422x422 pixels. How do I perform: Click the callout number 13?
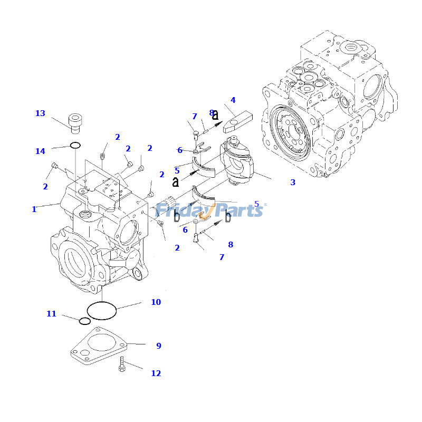tap(40, 113)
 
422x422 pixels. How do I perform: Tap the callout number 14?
tap(40, 151)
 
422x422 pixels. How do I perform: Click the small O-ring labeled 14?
tap(75, 145)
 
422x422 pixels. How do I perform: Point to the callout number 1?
tap(34, 209)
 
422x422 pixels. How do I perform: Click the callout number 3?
tap(293, 183)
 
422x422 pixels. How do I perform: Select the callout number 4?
tap(233, 100)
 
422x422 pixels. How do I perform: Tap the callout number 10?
tap(156, 302)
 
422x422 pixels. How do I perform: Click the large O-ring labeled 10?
tap(101, 310)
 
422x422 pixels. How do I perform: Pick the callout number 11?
tap(51, 314)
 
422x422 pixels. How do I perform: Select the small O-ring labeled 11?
tap(84, 321)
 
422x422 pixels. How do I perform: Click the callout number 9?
tap(158, 346)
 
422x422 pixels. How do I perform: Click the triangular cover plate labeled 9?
tap(99, 346)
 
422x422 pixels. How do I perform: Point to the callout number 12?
tap(156, 373)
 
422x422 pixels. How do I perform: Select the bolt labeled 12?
tap(122, 364)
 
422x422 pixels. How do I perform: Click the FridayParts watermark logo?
tap(211, 209)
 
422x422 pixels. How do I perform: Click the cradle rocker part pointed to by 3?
tap(238, 164)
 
